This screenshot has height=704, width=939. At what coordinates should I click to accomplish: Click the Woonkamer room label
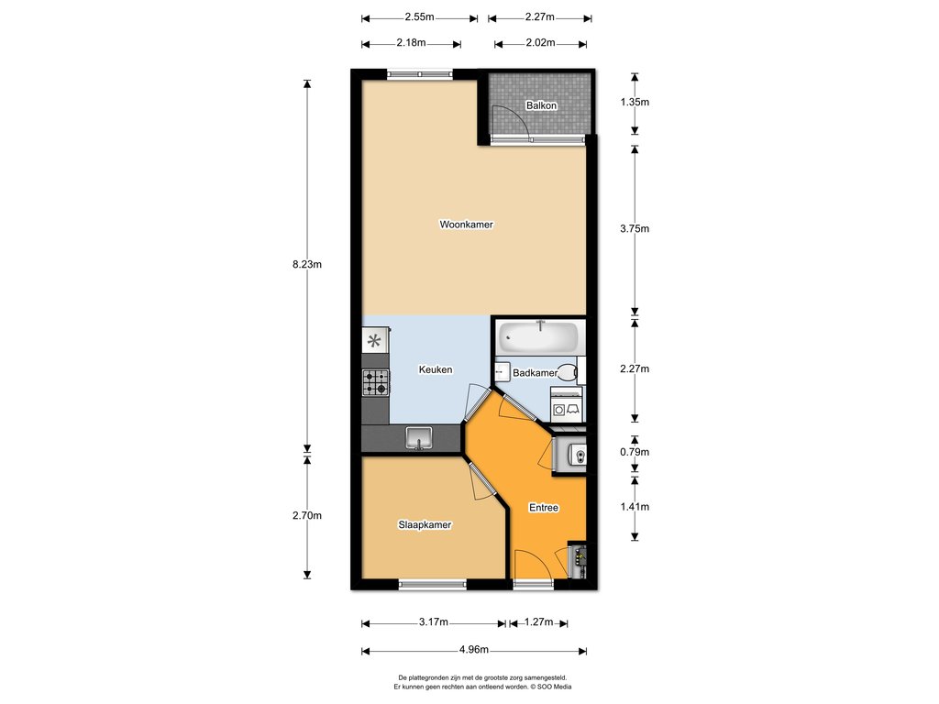pos(467,225)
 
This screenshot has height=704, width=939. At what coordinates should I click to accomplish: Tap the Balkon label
pos(541,105)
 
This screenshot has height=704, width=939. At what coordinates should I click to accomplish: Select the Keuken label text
pos(436,370)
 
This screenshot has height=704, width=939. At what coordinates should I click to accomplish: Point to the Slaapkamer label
pos(425,525)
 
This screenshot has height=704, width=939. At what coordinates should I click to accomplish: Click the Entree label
pos(544,508)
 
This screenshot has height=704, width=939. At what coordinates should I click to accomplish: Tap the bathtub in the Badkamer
pos(539,337)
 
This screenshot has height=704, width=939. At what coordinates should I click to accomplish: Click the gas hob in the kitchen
pos(375,383)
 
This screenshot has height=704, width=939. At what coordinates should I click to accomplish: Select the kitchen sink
pos(418,437)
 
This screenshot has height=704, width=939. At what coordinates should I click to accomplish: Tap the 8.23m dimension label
pos(307,264)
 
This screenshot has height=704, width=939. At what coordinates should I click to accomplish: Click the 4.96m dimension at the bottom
pos(474,650)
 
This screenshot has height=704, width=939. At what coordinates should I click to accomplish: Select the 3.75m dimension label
pos(635,228)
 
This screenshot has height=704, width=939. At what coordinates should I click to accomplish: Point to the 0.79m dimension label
pos(635,452)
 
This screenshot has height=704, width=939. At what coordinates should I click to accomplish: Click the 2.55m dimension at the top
pos(419,16)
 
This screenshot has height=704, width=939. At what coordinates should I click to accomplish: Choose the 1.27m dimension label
pos(538,622)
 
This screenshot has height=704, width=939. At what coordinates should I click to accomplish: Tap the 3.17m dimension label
pos(434,622)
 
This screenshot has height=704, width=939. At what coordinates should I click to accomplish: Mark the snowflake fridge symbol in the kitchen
pos(374,341)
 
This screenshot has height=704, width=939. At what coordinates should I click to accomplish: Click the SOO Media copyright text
pos(550,687)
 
